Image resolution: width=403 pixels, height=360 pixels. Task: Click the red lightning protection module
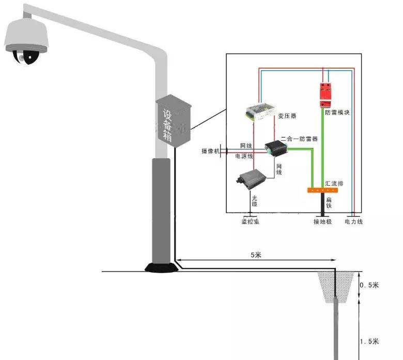click(326, 93)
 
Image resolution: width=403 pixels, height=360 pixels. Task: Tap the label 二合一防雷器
click(299, 139)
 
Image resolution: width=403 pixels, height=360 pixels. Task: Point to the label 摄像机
click(210, 151)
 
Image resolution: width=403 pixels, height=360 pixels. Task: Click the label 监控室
click(251, 222)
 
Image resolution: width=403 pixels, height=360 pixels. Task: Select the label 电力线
click(354, 222)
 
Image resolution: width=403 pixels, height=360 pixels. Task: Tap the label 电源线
click(244, 156)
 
